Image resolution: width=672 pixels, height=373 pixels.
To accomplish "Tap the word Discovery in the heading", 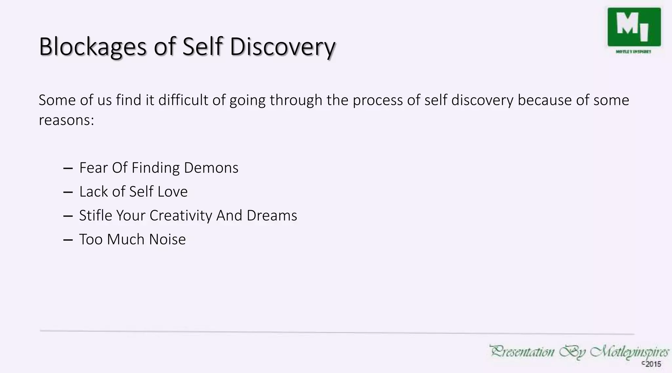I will click(x=282, y=47).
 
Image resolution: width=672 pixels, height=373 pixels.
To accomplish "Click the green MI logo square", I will click(x=634, y=27).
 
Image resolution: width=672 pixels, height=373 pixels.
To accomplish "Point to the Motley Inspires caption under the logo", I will click(x=633, y=52).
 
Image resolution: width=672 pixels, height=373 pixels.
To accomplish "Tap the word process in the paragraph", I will click(x=378, y=100).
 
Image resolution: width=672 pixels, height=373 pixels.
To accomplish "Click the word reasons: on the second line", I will click(x=66, y=120).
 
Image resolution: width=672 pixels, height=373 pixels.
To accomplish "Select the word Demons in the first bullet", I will click(x=211, y=168).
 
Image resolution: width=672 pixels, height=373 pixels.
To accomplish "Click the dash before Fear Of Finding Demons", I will click(x=68, y=168).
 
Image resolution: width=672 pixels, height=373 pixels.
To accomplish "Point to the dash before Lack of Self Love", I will click(x=68, y=192).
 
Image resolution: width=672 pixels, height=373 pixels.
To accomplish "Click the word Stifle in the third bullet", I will click(x=95, y=216).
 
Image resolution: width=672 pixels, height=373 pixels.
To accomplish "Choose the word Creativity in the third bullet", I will click(x=181, y=216).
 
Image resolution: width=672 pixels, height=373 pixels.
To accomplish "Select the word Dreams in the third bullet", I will click(x=272, y=216).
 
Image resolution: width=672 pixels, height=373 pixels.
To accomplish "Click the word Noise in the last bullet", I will click(x=167, y=240).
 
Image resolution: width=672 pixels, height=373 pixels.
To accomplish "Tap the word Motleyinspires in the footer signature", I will click(x=629, y=352).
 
